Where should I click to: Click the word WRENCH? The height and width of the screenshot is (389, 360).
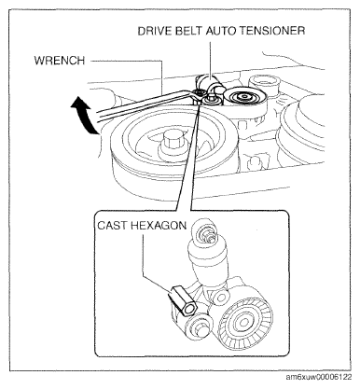coord(60,61)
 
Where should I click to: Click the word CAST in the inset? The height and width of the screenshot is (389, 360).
coord(112,226)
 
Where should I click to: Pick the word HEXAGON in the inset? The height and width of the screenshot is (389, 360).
coord(159,226)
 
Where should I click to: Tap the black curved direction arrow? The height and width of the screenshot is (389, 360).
coord(83,115)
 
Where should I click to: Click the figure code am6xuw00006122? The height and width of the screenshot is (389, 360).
coord(319,377)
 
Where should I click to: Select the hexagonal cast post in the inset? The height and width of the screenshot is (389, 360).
coord(184,300)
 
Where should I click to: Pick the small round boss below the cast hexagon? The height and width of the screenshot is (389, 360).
coord(199,326)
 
